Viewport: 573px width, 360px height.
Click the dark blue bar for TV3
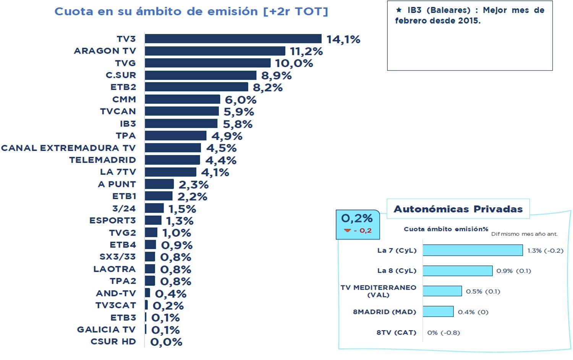click(233, 39)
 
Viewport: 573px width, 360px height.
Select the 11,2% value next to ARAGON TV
click(306, 51)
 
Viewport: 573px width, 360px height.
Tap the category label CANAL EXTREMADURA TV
click(68, 148)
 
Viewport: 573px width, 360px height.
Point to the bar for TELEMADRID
click(172, 160)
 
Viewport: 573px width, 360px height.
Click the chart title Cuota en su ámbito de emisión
click(191, 11)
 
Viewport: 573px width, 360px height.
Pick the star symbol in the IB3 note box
click(399, 10)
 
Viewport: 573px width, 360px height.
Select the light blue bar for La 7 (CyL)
click(473, 250)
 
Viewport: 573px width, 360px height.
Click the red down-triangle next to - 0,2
click(347, 231)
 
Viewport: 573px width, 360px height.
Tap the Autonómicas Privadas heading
click(458, 209)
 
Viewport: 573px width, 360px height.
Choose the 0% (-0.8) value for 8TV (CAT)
click(444, 333)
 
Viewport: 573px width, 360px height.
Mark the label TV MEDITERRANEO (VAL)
click(378, 291)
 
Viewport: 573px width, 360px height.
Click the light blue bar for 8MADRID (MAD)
click(438, 312)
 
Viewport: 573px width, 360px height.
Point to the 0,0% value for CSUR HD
click(166, 342)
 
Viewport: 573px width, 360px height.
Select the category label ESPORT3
click(112, 221)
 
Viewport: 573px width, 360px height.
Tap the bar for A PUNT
click(159, 184)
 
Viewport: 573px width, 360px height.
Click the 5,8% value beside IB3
click(238, 124)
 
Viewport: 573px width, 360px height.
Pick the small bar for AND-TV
click(147, 293)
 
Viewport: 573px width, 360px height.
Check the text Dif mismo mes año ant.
click(524, 234)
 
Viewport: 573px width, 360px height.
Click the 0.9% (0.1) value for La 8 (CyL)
click(513, 271)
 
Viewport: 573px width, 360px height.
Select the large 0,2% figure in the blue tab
click(357, 219)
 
